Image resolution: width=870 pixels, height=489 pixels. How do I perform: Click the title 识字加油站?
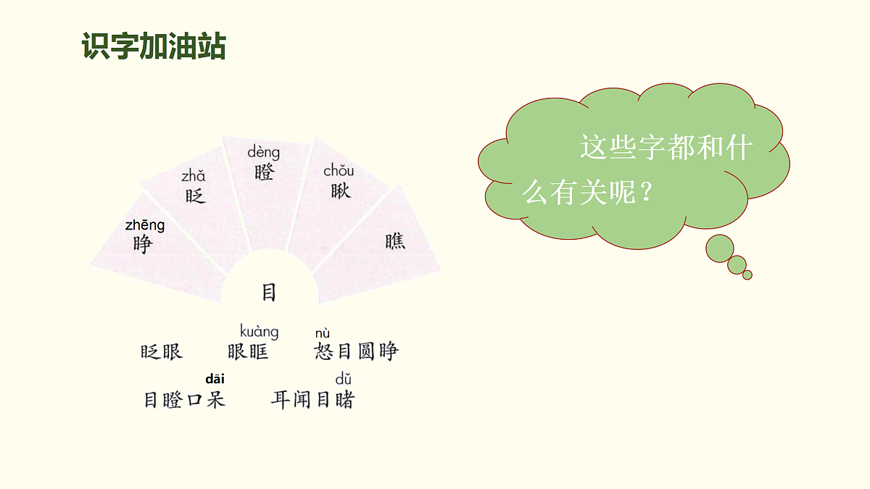point(154,46)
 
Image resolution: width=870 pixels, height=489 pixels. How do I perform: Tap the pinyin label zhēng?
point(145,225)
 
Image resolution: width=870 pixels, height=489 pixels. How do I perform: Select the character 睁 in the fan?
point(143,244)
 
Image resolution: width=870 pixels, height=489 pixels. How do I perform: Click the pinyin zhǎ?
point(194,175)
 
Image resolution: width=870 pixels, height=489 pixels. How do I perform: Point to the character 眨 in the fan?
point(195,195)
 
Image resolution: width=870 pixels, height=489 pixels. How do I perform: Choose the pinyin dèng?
point(263,152)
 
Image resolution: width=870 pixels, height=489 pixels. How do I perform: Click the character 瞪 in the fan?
point(264,172)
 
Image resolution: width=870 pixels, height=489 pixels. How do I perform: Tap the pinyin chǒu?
point(339,171)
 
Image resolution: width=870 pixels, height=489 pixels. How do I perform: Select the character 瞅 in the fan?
point(340,191)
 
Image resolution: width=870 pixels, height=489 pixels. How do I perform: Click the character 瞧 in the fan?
point(395,241)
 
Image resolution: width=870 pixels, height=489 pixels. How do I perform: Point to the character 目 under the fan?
point(269,293)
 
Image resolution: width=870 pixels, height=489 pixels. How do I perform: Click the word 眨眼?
point(162,352)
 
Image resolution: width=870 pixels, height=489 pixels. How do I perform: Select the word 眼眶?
point(248,352)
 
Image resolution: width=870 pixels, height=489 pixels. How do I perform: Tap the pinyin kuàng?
point(259,332)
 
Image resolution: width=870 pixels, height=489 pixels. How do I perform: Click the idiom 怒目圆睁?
point(356,352)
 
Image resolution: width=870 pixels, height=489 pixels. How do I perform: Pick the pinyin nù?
point(323,333)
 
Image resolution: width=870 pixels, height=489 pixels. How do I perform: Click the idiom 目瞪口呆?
point(184,399)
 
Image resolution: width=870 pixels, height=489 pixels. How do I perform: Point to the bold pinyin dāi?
point(215,379)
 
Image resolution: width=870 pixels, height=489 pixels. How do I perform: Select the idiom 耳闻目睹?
point(312,399)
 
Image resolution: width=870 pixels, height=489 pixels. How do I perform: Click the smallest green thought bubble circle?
point(747,275)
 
